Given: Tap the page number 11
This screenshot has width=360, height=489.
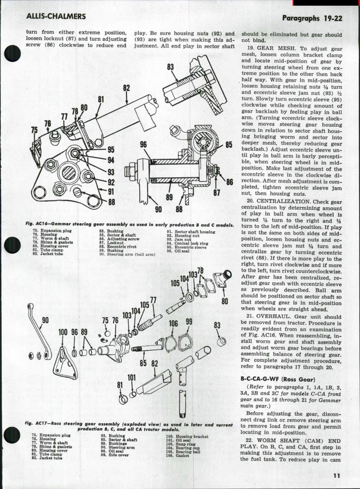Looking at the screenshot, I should click(x=336, y=476).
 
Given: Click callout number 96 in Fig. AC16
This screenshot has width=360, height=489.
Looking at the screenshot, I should click(x=143, y=144).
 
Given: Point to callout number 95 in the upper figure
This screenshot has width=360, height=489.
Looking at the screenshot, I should click(x=111, y=150).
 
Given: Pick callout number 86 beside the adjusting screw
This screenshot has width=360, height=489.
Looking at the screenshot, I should click(x=230, y=182).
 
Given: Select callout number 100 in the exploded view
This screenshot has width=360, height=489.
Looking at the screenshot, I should click(x=63, y=332).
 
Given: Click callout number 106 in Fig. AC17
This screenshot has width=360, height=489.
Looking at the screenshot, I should click(x=173, y=323).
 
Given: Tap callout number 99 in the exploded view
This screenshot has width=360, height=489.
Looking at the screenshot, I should click(x=189, y=322).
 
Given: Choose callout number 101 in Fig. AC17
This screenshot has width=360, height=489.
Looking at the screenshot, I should click(x=131, y=378).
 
